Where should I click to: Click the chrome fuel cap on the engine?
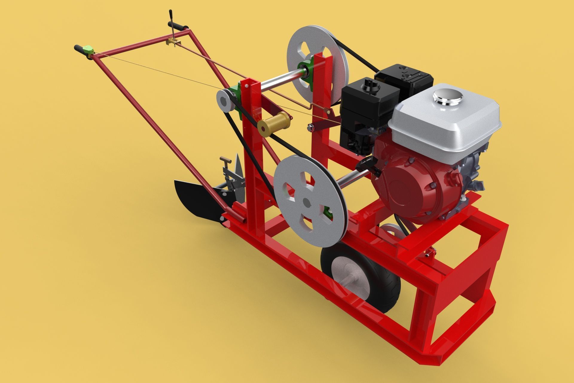coord(448,97)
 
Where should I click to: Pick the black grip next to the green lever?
coord(80,48)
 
